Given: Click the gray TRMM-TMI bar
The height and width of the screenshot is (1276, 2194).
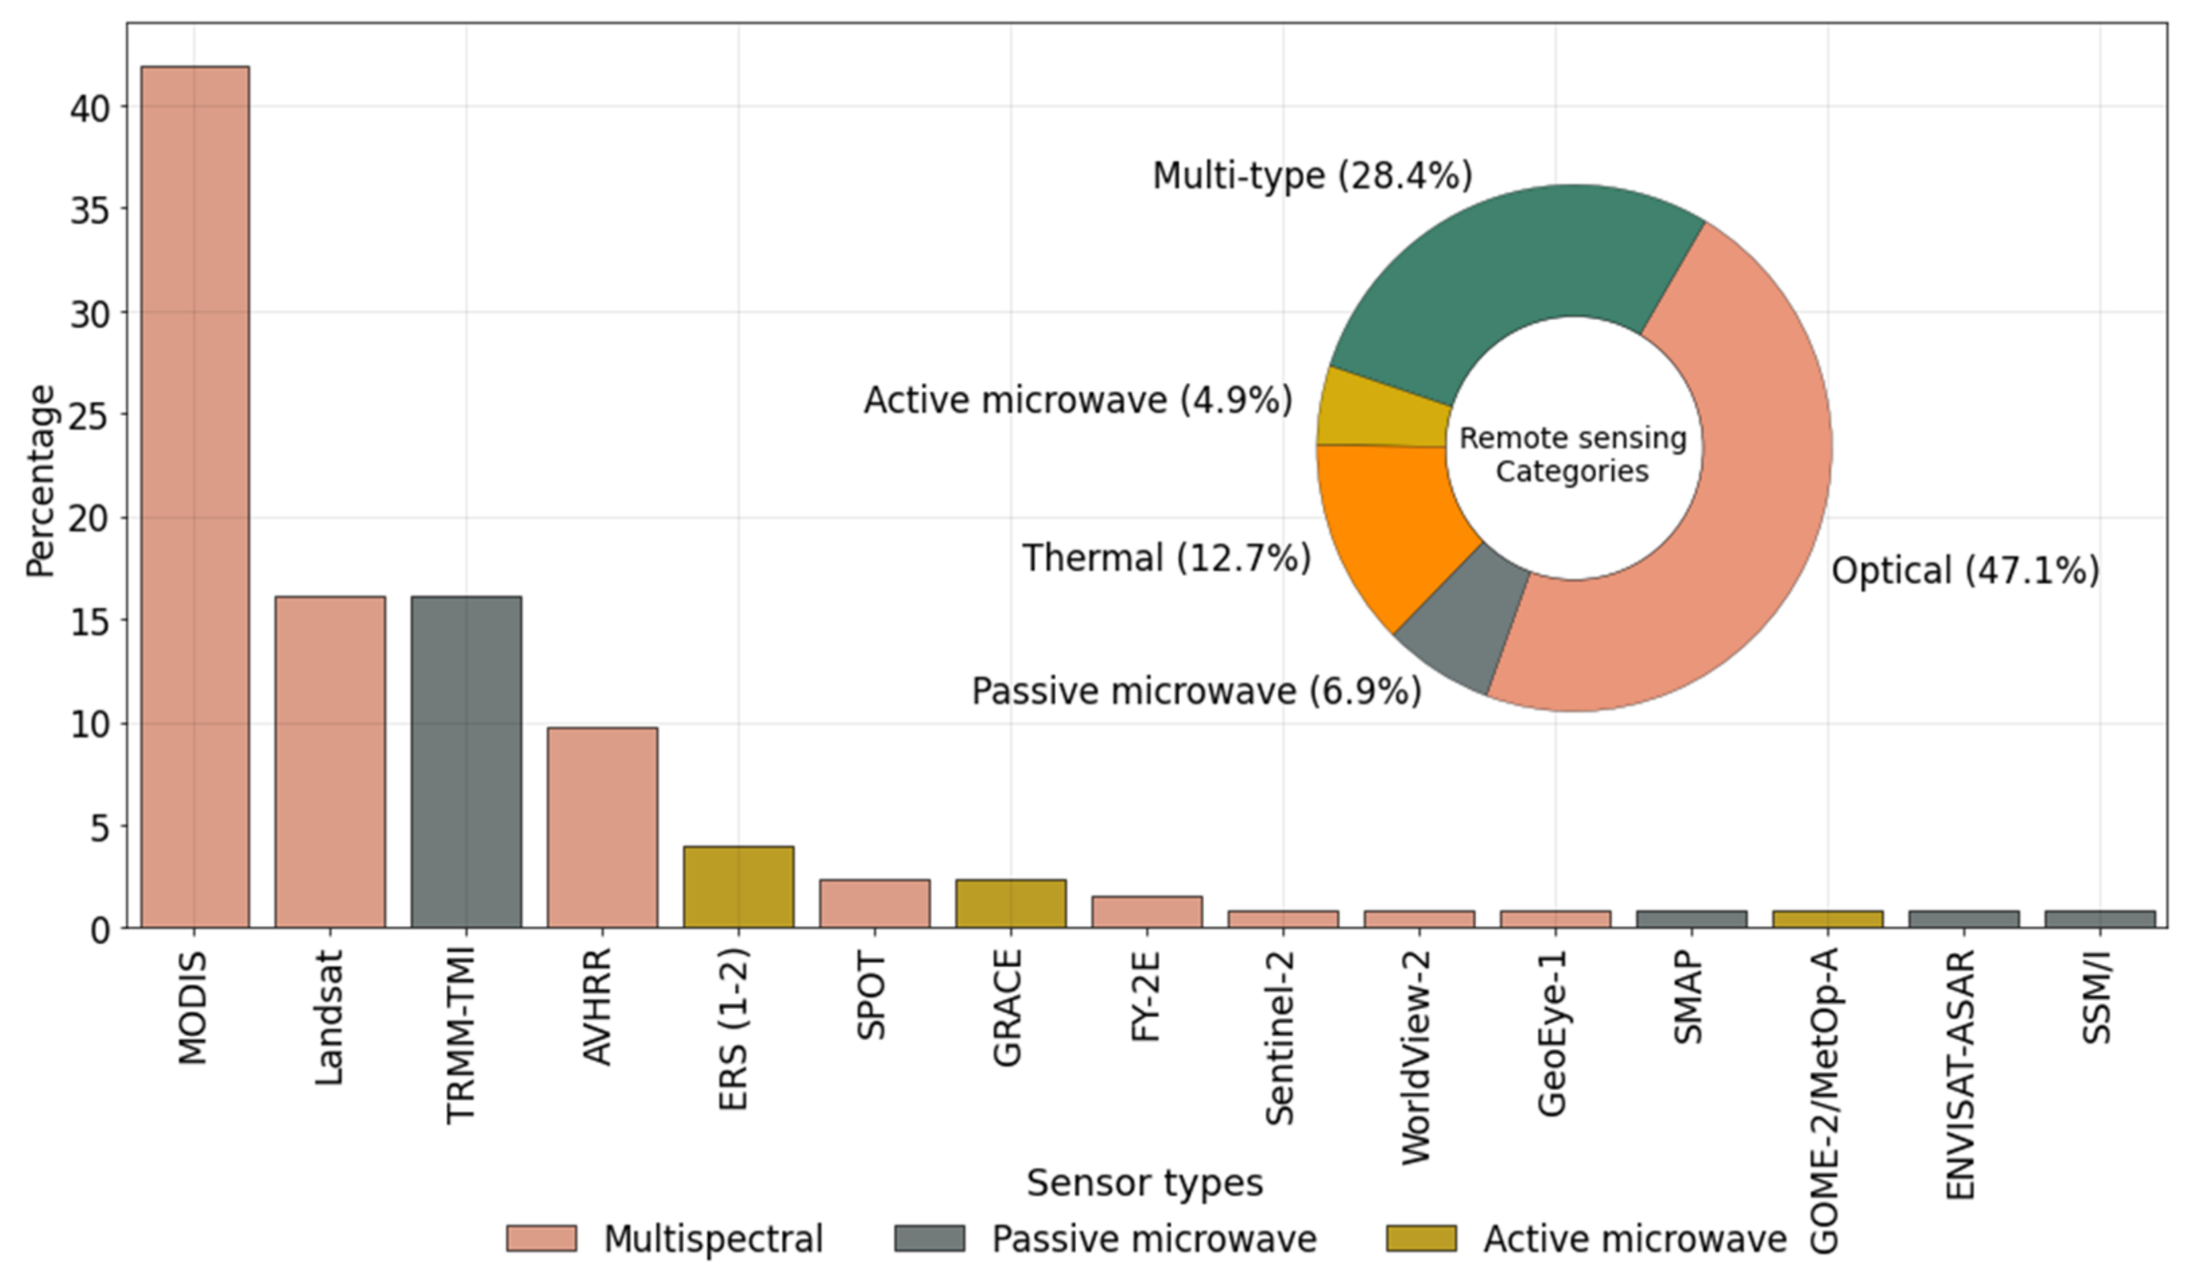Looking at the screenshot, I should pyautogui.click(x=465, y=762).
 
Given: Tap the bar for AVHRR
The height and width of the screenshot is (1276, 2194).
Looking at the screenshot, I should pyautogui.click(x=602, y=828).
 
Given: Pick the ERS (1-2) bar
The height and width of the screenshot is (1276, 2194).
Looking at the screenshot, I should pyautogui.click(x=738, y=886).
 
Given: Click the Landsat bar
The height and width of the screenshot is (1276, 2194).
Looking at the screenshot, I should pyautogui.click(x=330, y=762).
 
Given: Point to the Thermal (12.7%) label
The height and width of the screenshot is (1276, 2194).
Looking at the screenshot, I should pyautogui.click(x=1166, y=557).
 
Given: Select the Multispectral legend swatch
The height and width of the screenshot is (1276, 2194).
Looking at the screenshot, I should pyautogui.click(x=541, y=1238).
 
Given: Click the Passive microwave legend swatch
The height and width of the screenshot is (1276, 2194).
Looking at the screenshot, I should pyautogui.click(x=929, y=1238).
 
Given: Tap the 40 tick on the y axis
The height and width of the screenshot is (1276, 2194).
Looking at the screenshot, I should pyautogui.click(x=89, y=108).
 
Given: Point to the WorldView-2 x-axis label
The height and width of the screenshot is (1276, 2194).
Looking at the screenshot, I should pyautogui.click(x=1417, y=1058).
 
